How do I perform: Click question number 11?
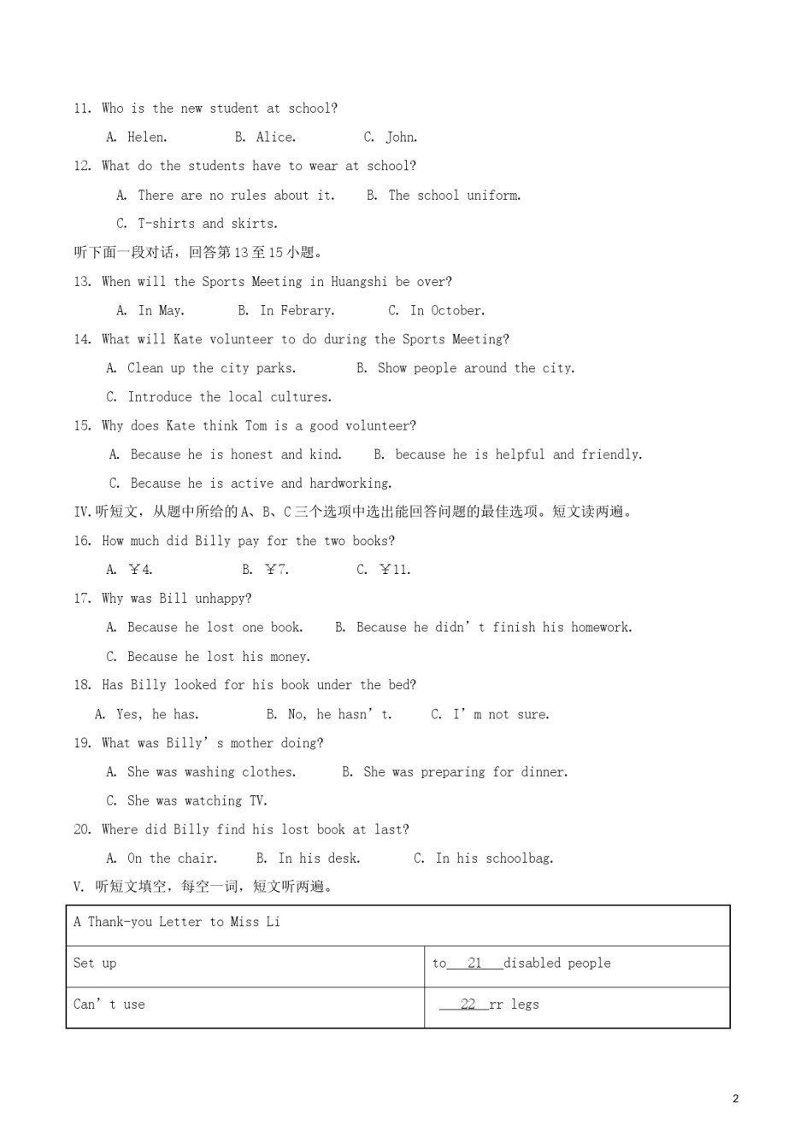(x=82, y=108)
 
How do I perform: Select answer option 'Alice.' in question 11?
(x=275, y=138)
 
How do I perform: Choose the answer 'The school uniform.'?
(x=454, y=196)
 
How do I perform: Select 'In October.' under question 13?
(x=447, y=311)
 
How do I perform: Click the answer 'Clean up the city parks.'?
(x=211, y=368)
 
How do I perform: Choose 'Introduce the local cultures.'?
(x=229, y=397)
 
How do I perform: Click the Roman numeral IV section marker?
(x=82, y=512)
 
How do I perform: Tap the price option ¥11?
(x=394, y=570)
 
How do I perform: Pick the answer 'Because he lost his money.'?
(x=218, y=657)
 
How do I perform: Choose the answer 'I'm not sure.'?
(x=501, y=714)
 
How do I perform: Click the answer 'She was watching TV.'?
(x=197, y=801)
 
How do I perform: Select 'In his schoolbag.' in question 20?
(x=494, y=858)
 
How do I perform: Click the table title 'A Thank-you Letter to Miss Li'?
(x=177, y=922)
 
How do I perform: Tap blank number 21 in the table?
(x=474, y=963)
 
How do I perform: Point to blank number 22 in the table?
(x=468, y=1004)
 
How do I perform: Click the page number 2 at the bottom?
(x=736, y=1098)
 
